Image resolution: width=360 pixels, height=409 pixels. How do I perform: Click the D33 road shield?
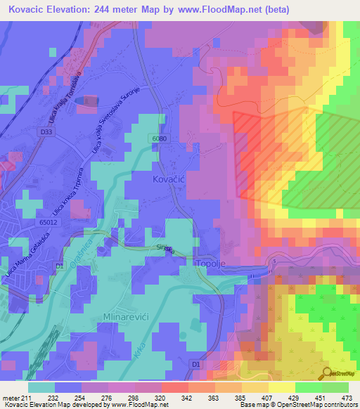pos(47,131)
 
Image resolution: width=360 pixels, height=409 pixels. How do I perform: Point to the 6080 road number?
pos(158,139)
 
